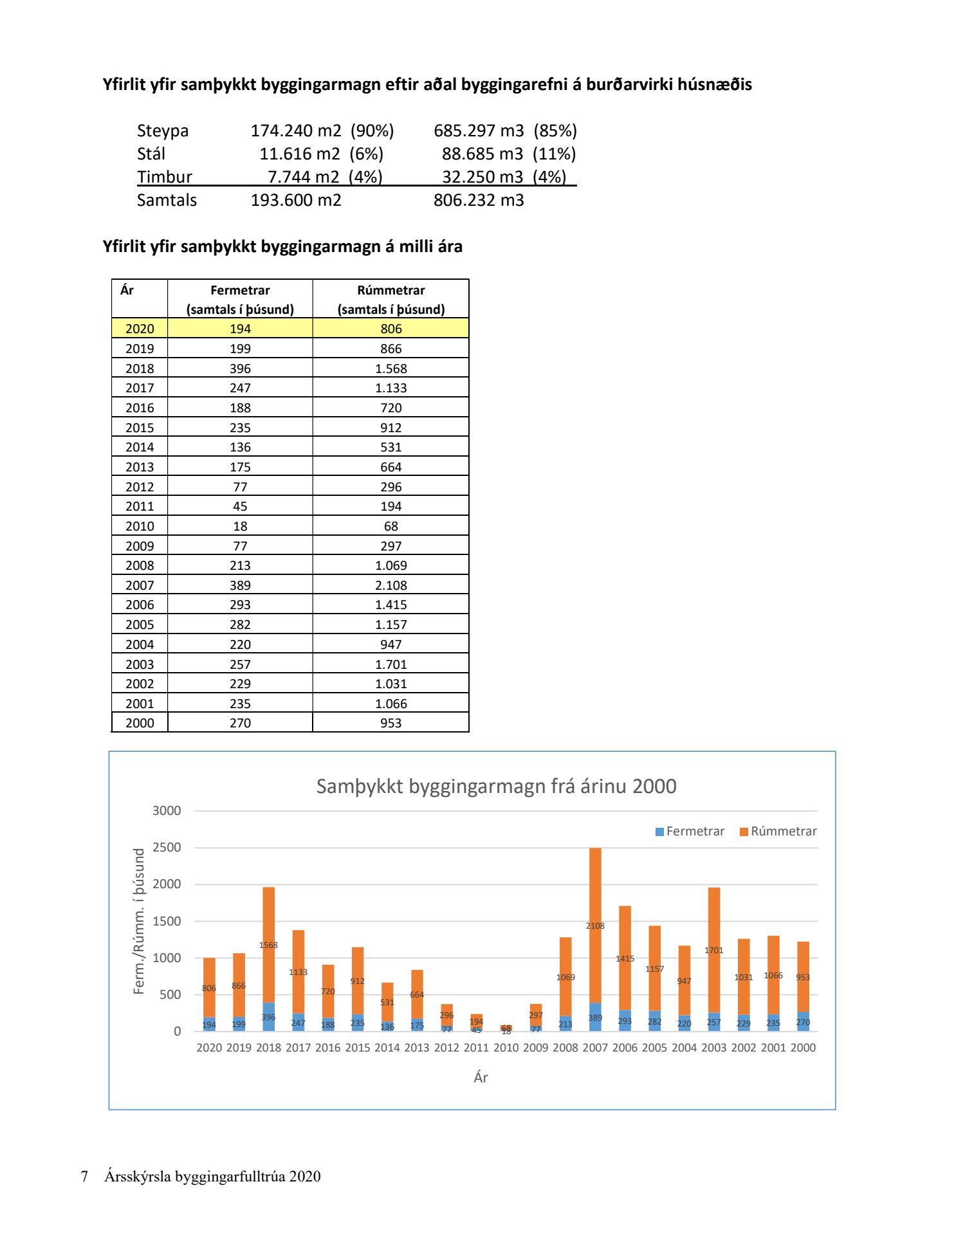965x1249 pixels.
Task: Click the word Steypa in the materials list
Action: pos(163,131)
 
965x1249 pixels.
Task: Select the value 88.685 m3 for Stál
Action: pos(482,154)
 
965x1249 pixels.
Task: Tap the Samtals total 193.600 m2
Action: pos(296,200)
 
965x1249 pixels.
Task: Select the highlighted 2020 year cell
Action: pos(140,329)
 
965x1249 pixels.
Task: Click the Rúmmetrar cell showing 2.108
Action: pos(391,585)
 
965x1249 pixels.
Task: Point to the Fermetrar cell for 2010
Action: pos(240,526)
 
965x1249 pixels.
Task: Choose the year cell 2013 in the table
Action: pos(140,467)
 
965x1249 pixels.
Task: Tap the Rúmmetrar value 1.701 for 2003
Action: pos(391,664)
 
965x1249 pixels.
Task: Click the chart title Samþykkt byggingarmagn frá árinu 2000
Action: pos(496,786)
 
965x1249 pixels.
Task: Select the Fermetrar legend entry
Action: pos(690,831)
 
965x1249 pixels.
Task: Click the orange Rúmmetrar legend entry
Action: pos(778,831)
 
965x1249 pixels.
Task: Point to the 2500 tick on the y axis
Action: pos(167,847)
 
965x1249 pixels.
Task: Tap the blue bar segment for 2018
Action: pos(268,1016)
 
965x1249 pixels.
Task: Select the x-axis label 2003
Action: pos(713,1048)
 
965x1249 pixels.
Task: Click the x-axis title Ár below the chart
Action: pos(481,1077)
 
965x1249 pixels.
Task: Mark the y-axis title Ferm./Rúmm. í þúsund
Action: pos(139,921)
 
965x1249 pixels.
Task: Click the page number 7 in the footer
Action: pos(84,1176)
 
